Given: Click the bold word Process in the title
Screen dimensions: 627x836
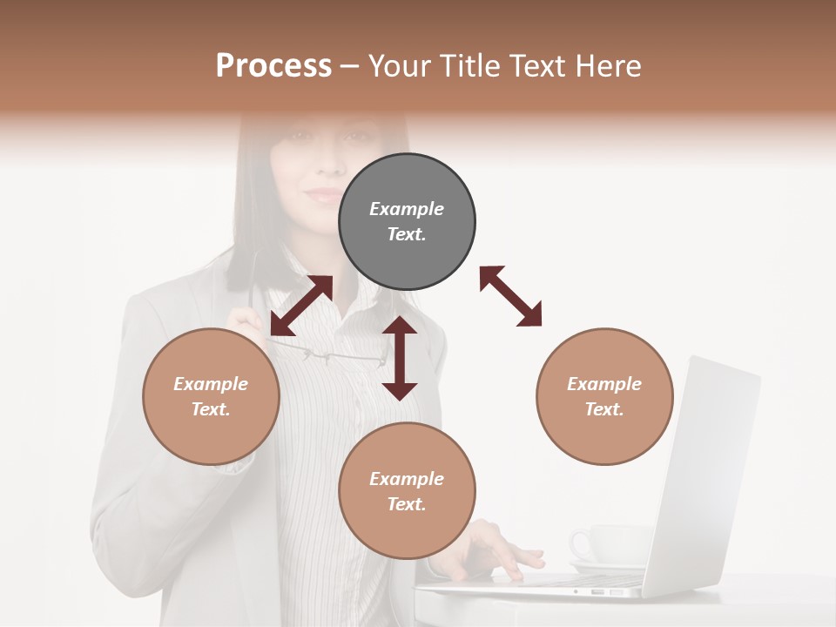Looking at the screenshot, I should click(x=273, y=66).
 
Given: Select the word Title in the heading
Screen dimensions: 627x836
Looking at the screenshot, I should click(x=471, y=66).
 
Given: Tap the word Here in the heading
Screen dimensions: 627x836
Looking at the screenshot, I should click(x=609, y=66).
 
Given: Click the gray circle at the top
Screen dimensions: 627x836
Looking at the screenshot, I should click(x=407, y=222).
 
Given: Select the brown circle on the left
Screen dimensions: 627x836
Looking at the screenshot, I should click(x=211, y=396).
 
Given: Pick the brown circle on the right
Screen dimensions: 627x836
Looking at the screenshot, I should click(x=604, y=396).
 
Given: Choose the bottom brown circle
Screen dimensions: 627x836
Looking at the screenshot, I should click(x=407, y=491).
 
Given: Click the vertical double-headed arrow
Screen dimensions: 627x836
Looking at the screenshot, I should click(x=400, y=358).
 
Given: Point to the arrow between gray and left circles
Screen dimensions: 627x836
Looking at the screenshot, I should click(x=301, y=306).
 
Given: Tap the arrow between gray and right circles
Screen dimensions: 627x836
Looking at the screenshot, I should click(x=510, y=297).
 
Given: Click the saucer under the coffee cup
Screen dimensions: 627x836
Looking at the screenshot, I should click(x=610, y=567).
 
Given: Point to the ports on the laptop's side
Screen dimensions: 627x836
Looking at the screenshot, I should click(x=610, y=592).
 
